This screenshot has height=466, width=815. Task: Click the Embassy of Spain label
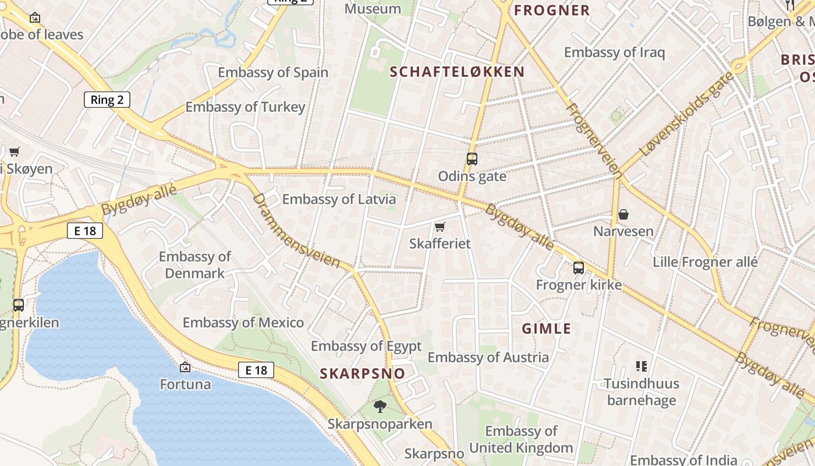pyautogui.click(x=273, y=73)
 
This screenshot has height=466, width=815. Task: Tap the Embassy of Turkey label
pyautogui.click(x=245, y=107)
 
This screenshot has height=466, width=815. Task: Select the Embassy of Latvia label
pyautogui.click(x=339, y=199)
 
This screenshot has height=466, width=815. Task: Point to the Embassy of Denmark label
pyautogui.click(x=194, y=265)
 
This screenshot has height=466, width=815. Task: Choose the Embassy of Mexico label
pyautogui.click(x=243, y=323)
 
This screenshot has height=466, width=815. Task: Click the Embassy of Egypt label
pyautogui.click(x=366, y=346)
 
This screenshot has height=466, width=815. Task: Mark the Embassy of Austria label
pyautogui.click(x=488, y=357)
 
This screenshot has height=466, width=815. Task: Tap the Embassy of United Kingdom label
pyautogui.click(x=521, y=440)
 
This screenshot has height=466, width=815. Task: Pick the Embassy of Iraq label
pyautogui.click(x=614, y=52)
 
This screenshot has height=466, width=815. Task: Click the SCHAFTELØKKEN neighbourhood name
pyautogui.click(x=457, y=72)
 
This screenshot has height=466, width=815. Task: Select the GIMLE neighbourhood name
pyautogui.click(x=546, y=329)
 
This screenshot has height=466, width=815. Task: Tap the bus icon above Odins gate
pyautogui.click(x=472, y=158)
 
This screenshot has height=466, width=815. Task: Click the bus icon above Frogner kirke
pyautogui.click(x=578, y=267)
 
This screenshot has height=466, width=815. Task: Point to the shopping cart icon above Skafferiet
pyautogui.click(x=440, y=227)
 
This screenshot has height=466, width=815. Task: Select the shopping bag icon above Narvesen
pyautogui.click(x=623, y=214)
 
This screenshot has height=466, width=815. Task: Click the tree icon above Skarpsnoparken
pyautogui.click(x=380, y=407)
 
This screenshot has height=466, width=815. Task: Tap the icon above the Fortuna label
pyautogui.click(x=185, y=367)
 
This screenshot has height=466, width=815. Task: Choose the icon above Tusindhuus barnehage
pyautogui.click(x=641, y=366)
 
